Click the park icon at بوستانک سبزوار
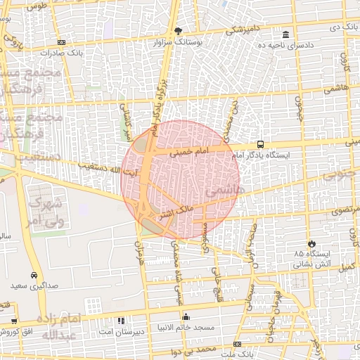pos(178,31)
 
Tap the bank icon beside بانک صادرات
pos(62,42)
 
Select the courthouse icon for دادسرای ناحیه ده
pos(285,34)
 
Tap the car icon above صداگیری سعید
pos(34,276)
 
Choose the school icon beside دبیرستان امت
pos(120,321)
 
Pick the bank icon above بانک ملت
pos(238,345)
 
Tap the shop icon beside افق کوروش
pos(13,321)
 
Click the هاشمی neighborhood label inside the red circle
pos(223,191)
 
